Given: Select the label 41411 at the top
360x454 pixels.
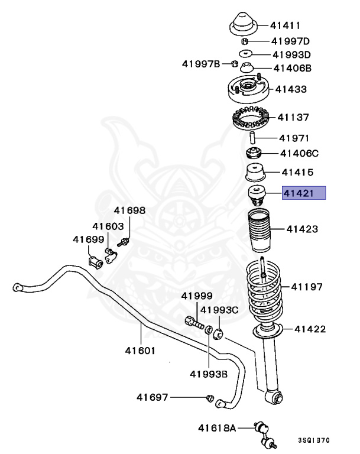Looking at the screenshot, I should point(286,25).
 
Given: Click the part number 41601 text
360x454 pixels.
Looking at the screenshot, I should point(140,350).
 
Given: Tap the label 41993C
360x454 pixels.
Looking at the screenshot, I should point(219,310).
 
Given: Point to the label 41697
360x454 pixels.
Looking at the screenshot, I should point(153,397).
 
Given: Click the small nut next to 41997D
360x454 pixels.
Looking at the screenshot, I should point(244,41).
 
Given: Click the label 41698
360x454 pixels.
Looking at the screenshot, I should point(129,210).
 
